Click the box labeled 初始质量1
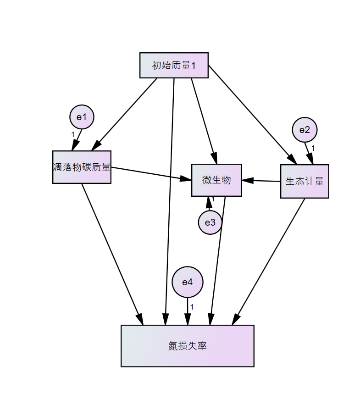[x=174, y=66]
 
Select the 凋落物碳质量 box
[x=82, y=167]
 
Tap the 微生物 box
[x=216, y=180]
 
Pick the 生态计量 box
[x=305, y=181]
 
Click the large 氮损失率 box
[x=187, y=346]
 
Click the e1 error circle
[x=82, y=117]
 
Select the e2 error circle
[x=305, y=130]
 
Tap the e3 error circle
[x=210, y=222]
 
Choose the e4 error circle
[x=187, y=282]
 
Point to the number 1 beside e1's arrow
[x=72, y=134]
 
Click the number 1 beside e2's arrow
[x=313, y=148]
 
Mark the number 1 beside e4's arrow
[x=192, y=307]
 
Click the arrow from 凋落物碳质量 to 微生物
[x=151, y=173]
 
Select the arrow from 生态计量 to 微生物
[x=261, y=181]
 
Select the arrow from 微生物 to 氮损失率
[x=218, y=259]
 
